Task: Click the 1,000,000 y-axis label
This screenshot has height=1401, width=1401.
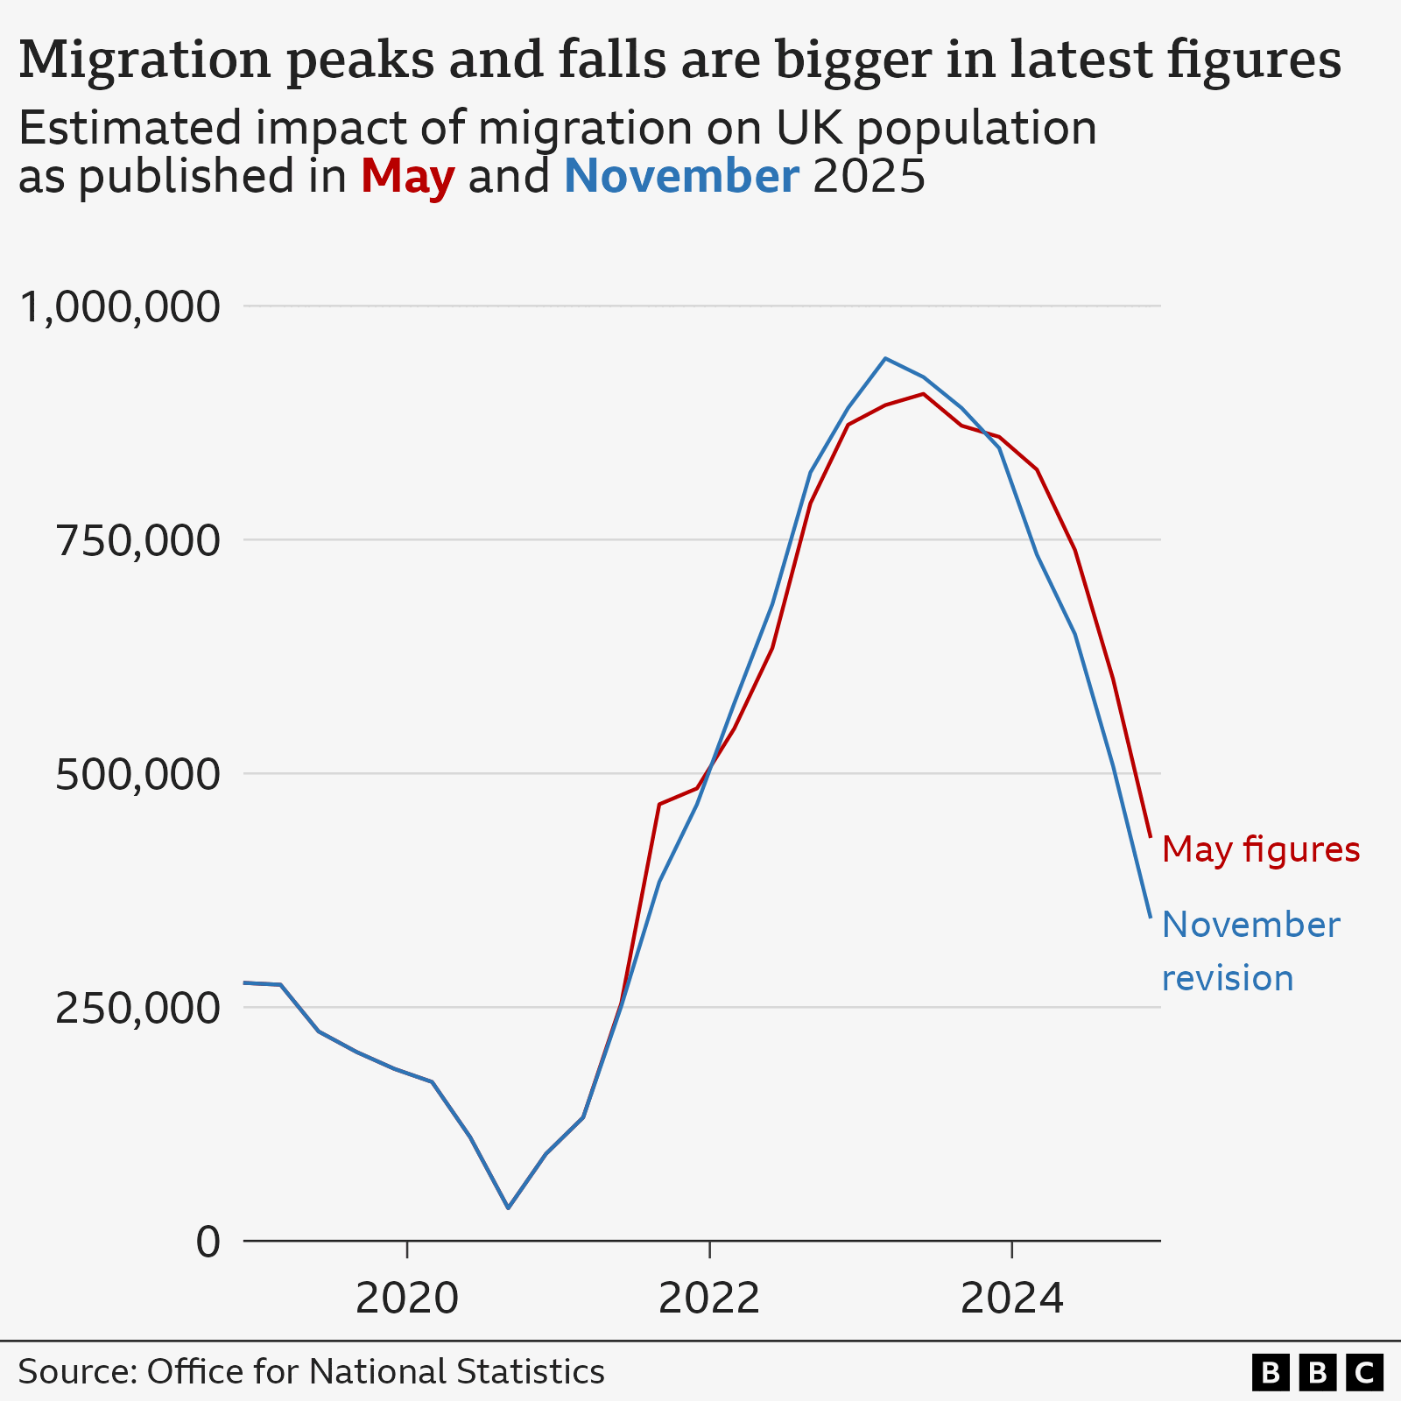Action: [118, 308]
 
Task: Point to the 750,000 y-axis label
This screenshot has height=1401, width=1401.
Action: [137, 541]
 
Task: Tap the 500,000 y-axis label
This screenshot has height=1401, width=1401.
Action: [137, 775]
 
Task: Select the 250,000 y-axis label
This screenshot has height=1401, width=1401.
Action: [137, 1009]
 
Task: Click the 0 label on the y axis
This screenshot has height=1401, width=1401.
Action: [208, 1242]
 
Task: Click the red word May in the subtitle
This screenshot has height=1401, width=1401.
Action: [407, 176]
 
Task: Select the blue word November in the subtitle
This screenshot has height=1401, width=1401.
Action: [681, 176]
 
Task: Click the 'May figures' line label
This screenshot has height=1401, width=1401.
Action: [1260, 849]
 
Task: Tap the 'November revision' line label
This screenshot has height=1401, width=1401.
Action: [1250, 951]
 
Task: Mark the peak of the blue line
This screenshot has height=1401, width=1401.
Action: [885, 358]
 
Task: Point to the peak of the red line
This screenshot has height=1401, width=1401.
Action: [924, 394]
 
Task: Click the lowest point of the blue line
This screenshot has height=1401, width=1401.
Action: [508, 1208]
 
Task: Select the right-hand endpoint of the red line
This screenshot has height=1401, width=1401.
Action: [1150, 837]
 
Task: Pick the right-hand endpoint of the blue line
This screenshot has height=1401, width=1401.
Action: [1150, 917]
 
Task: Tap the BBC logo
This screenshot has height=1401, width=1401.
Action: [1317, 1372]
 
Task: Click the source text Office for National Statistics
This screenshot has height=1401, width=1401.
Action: [375, 1371]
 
